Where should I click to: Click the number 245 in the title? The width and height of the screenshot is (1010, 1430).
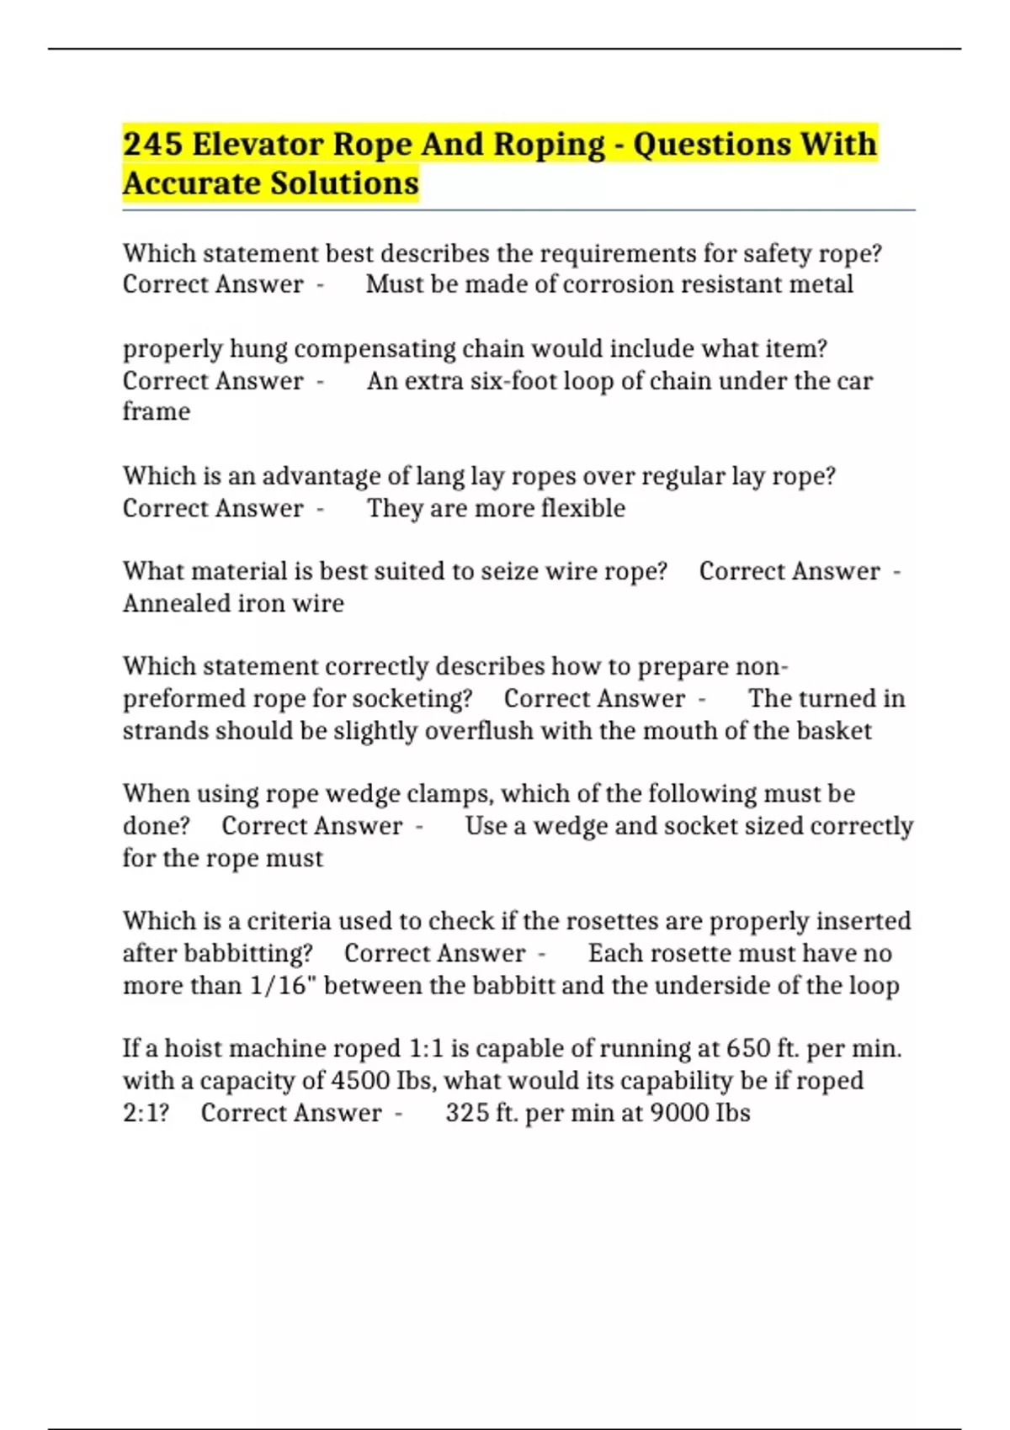point(152,144)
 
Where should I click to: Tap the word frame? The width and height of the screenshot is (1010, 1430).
point(157,412)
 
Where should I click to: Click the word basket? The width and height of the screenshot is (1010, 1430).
point(834,730)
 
